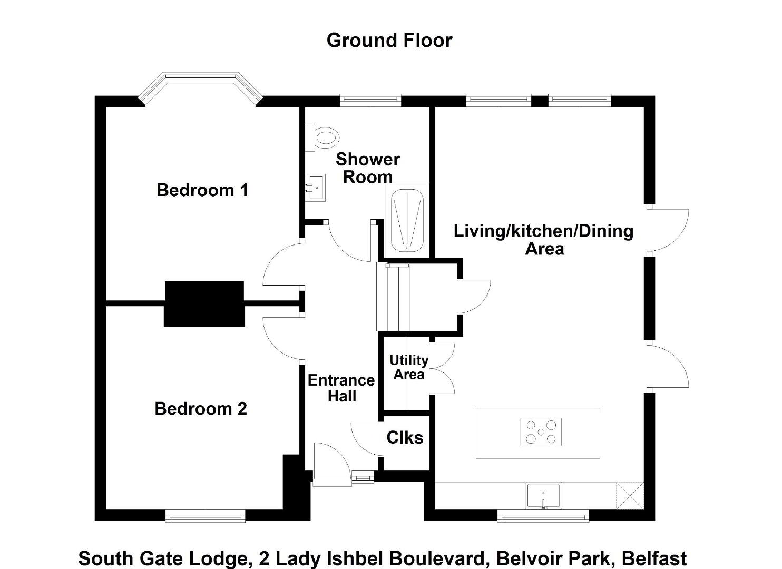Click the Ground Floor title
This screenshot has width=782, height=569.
pyautogui.click(x=389, y=40)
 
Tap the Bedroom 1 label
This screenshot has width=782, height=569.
pyautogui.click(x=202, y=190)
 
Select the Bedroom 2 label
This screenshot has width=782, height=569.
pyautogui.click(x=201, y=409)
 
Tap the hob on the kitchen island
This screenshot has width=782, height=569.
pyautogui.click(x=541, y=432)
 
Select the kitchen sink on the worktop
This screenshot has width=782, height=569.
pyautogui.click(x=544, y=496)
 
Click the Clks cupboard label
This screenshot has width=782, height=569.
pyautogui.click(x=405, y=437)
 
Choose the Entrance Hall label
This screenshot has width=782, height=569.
pyautogui.click(x=341, y=388)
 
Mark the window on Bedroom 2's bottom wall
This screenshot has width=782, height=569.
pyautogui.click(x=206, y=516)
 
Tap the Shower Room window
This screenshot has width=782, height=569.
pyautogui.click(x=370, y=100)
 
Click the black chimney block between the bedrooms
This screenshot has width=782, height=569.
pyautogui.click(x=204, y=304)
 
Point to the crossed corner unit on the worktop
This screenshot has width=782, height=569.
pyautogui.click(x=630, y=496)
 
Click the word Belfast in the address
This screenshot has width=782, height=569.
pyautogui.click(x=654, y=558)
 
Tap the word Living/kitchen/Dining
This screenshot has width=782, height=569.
pyautogui.click(x=544, y=231)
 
